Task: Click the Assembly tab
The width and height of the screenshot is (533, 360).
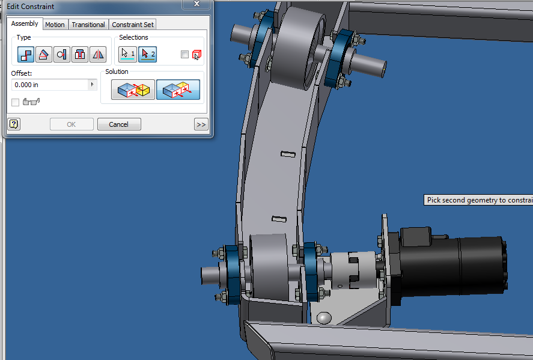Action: tap(25, 24)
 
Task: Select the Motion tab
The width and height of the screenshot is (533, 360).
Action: tap(55, 25)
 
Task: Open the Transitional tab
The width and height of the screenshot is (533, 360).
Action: tap(88, 25)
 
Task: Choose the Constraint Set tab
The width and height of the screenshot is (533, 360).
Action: tap(133, 25)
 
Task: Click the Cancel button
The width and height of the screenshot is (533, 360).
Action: tap(118, 124)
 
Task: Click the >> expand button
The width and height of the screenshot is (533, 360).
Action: tap(201, 124)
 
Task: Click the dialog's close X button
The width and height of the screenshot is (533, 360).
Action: tap(196, 4)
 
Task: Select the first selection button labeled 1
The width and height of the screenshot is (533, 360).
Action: tap(128, 55)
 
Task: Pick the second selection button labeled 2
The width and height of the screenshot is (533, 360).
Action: tap(147, 55)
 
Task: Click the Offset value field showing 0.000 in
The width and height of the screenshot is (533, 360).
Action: tap(50, 85)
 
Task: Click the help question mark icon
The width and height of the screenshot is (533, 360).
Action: tap(14, 124)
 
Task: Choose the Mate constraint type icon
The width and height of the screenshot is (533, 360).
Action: tap(26, 55)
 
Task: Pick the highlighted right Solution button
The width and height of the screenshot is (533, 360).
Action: tap(178, 90)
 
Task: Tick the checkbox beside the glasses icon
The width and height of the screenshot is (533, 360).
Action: tap(16, 103)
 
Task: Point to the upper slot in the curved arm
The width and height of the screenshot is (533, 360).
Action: tap(287, 154)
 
